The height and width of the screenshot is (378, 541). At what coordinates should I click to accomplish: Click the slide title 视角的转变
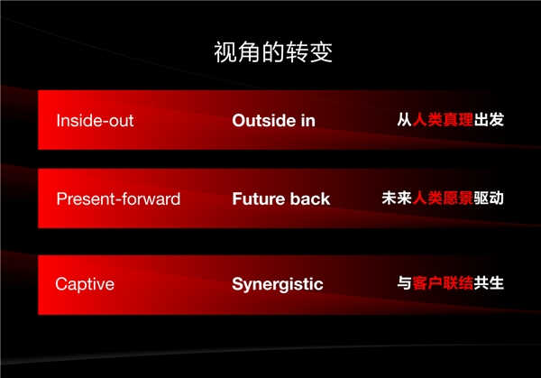pyautogui.click(x=273, y=52)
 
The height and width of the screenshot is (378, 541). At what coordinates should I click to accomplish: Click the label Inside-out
pyautogui.click(x=95, y=121)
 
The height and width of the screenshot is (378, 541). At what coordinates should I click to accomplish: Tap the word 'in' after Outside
pyautogui.click(x=308, y=121)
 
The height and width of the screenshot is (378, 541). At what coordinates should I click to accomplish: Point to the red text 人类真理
pyautogui.click(x=443, y=120)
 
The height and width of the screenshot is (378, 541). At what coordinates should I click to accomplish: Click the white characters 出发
pyautogui.click(x=489, y=120)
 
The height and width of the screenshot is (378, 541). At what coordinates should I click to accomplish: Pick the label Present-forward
pyautogui.click(x=118, y=198)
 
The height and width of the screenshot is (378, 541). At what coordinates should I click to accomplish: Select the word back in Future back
pyautogui.click(x=310, y=198)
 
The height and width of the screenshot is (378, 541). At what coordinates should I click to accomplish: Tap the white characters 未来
pyautogui.click(x=397, y=198)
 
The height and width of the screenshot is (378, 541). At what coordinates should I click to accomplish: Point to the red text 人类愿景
pyautogui.click(x=443, y=198)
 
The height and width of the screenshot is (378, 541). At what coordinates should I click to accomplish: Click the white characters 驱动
pyautogui.click(x=489, y=198)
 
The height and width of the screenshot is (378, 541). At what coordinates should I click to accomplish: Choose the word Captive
pyautogui.click(x=85, y=284)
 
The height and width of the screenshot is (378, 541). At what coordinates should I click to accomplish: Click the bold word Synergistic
pyautogui.click(x=278, y=284)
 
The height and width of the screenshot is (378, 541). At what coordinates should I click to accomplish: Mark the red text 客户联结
pyautogui.click(x=443, y=283)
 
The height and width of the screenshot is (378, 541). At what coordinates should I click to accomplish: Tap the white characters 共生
pyautogui.click(x=489, y=283)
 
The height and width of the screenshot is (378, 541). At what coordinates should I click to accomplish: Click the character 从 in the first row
pyautogui.click(x=404, y=120)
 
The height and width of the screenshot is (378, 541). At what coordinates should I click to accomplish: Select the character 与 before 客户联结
pyautogui.click(x=404, y=283)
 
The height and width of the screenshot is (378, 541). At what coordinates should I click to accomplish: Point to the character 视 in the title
pyautogui.click(x=225, y=52)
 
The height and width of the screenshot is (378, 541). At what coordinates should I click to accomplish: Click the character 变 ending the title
pyautogui.click(x=321, y=52)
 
